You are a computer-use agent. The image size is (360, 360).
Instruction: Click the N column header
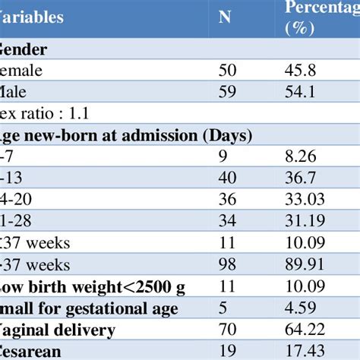[226, 17]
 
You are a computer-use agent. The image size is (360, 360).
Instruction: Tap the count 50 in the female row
[227, 71]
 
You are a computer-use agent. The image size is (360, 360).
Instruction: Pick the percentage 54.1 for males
[302, 93]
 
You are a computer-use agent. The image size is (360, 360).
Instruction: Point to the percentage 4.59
[302, 310]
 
